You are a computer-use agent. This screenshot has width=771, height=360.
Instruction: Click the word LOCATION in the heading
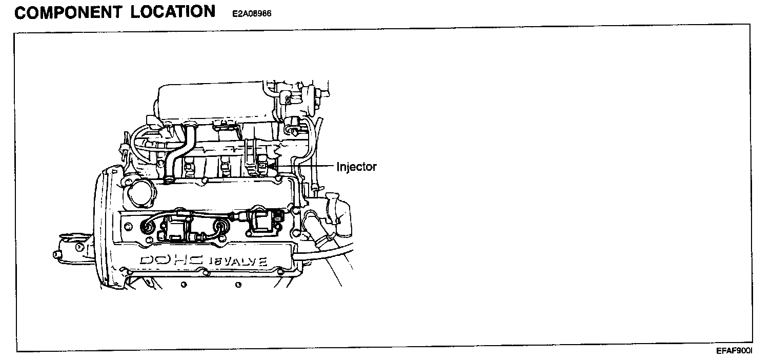click(x=173, y=12)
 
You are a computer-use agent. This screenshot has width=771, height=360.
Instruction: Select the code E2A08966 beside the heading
click(x=252, y=14)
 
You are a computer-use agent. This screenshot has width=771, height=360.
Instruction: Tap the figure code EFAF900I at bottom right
click(x=734, y=351)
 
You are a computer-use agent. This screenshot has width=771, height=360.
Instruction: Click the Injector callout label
click(x=356, y=167)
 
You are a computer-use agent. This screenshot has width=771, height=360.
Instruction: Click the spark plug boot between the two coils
click(x=220, y=227)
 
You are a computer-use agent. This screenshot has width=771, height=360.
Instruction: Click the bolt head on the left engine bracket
click(x=78, y=247)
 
